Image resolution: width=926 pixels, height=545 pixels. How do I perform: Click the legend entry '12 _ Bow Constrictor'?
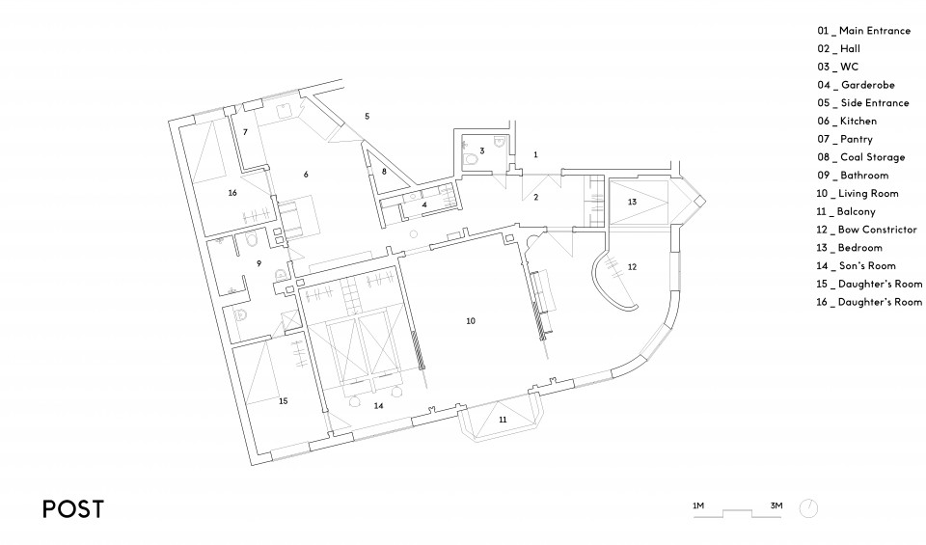click(x=866, y=230)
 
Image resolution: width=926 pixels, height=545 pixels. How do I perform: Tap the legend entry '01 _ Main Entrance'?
click(x=864, y=31)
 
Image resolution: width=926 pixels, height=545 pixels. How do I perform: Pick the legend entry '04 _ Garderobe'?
click(x=856, y=85)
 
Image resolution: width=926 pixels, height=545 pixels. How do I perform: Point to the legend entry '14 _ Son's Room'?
click(x=857, y=265)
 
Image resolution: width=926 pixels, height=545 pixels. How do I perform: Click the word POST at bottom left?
click(x=73, y=509)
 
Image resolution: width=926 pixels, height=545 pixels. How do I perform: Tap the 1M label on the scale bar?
click(x=698, y=505)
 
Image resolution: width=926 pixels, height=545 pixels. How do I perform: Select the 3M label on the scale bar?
click(x=776, y=505)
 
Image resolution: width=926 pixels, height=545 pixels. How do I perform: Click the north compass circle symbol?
click(x=808, y=508)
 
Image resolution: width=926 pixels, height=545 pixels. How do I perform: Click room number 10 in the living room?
click(x=471, y=321)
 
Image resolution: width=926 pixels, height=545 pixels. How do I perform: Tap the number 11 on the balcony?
click(x=503, y=420)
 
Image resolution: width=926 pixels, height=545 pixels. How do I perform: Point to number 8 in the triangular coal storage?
click(x=384, y=172)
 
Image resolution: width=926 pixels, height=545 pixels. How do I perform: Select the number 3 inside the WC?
click(x=482, y=151)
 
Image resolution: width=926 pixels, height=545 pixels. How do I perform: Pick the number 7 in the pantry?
click(x=245, y=132)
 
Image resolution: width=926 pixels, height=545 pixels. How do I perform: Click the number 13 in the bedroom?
click(x=632, y=202)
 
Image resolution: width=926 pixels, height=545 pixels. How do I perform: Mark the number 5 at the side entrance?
click(x=367, y=117)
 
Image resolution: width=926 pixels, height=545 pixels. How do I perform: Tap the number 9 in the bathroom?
click(x=259, y=263)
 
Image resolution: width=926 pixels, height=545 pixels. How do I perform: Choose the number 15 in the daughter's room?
click(x=283, y=401)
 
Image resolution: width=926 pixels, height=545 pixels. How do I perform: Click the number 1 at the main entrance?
click(x=535, y=154)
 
